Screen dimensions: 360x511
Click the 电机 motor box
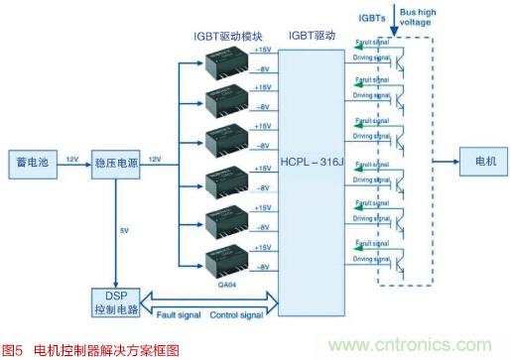click(482, 161)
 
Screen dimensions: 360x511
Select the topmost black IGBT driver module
click(227, 61)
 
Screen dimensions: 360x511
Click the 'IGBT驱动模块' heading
click(228, 35)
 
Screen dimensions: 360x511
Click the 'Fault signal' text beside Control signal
click(179, 316)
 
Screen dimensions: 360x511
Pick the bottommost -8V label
click(263, 267)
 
